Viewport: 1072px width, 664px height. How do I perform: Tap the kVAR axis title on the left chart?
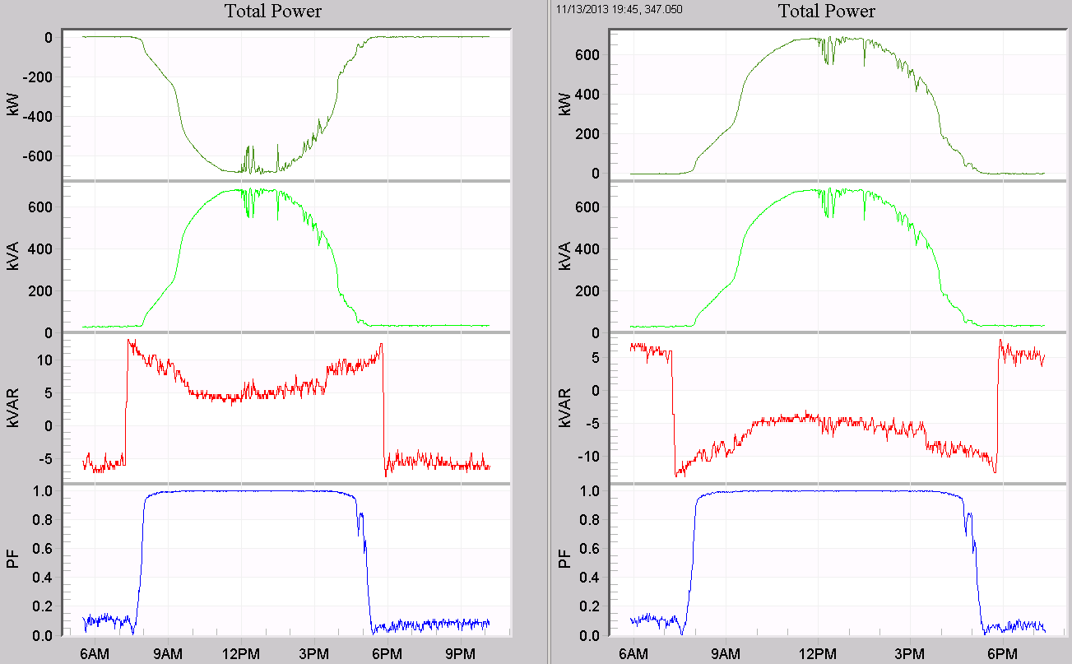tap(12, 407)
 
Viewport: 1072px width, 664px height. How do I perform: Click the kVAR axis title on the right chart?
tap(564, 407)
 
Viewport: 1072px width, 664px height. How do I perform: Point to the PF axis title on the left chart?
tap(12, 561)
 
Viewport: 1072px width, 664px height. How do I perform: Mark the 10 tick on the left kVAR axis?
tap(46, 360)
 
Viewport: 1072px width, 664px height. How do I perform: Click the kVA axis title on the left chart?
tap(12, 255)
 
